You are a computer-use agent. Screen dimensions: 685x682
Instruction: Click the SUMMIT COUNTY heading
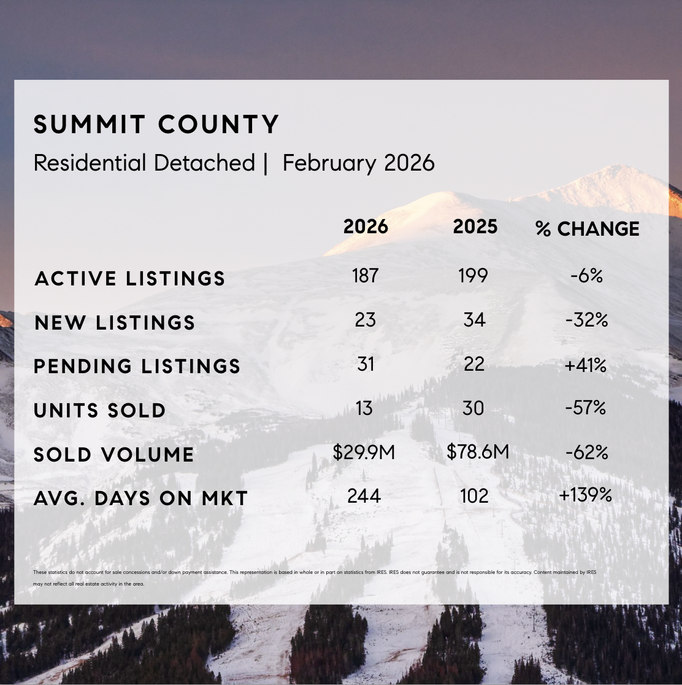156,125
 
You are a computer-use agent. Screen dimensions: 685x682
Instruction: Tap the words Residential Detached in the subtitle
144,163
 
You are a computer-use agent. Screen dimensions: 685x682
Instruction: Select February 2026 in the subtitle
359,163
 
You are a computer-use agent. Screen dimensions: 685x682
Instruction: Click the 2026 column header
366,226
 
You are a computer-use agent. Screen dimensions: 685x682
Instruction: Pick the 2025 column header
475,226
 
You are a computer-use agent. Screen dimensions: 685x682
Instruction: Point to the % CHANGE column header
587,229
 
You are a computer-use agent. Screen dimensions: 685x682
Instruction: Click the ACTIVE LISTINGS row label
130,279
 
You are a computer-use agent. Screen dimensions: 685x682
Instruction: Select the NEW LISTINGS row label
115,323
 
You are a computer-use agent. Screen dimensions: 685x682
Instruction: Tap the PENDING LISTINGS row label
137,366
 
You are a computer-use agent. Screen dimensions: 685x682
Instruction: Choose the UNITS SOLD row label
100,411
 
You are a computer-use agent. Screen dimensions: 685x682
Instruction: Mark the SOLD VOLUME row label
113,455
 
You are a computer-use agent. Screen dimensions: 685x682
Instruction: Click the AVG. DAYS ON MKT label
140,498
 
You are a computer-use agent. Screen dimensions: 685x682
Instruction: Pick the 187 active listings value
365,276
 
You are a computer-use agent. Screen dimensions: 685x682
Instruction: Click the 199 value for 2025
473,276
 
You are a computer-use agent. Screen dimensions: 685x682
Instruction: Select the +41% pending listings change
586,365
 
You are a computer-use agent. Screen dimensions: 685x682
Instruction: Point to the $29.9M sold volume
364,452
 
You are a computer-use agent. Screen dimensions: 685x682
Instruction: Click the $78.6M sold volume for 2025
478,452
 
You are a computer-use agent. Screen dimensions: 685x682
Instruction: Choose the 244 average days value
364,495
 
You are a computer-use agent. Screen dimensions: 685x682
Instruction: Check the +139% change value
585,495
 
